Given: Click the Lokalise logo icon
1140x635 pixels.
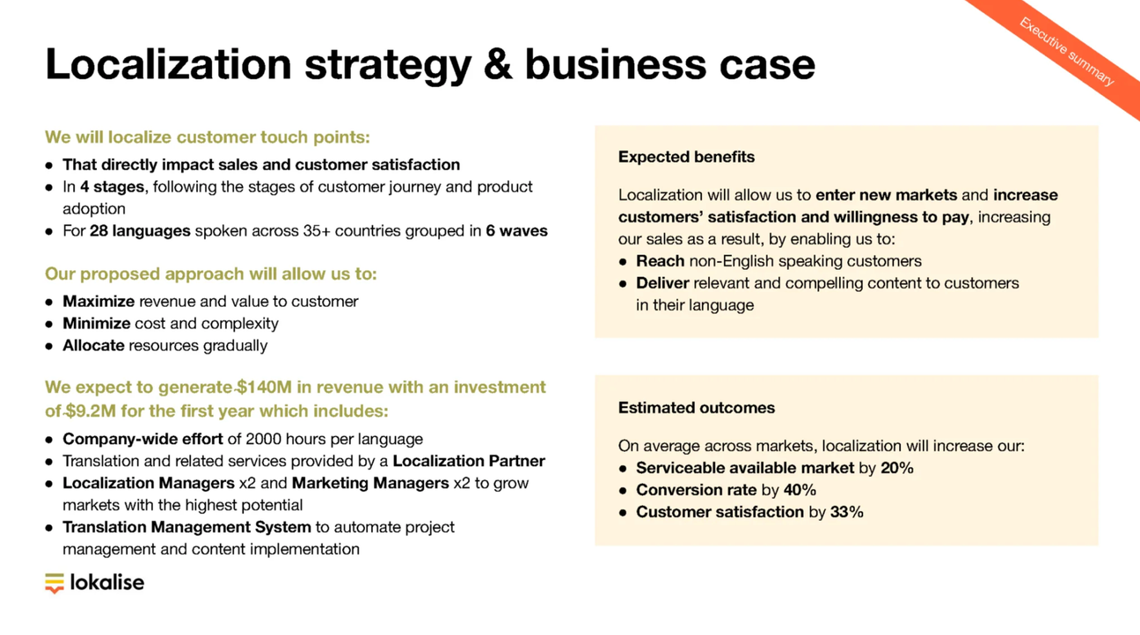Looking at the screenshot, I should [55, 583].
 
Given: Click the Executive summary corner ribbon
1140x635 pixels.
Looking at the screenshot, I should [1066, 52].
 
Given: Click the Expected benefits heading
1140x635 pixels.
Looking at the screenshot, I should [686, 157].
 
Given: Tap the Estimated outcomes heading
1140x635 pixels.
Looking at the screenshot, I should [696, 407].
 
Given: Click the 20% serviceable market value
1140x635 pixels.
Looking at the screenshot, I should [896, 468].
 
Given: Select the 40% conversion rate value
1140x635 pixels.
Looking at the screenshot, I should [800, 490].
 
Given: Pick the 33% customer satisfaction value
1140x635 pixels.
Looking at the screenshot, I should [846, 512].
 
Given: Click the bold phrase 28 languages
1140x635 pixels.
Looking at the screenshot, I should [140, 230].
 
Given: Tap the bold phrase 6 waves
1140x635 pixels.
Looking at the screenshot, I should [516, 230].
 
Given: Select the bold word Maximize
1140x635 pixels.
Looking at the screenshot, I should [99, 301].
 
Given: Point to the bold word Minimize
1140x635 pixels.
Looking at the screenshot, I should [96, 323].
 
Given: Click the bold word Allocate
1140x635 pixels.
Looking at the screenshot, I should [93, 345].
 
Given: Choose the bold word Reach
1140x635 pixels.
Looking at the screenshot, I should [660, 260].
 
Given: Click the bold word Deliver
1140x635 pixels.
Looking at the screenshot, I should [662, 282].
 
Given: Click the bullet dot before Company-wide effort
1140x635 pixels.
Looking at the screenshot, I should [49, 440].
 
